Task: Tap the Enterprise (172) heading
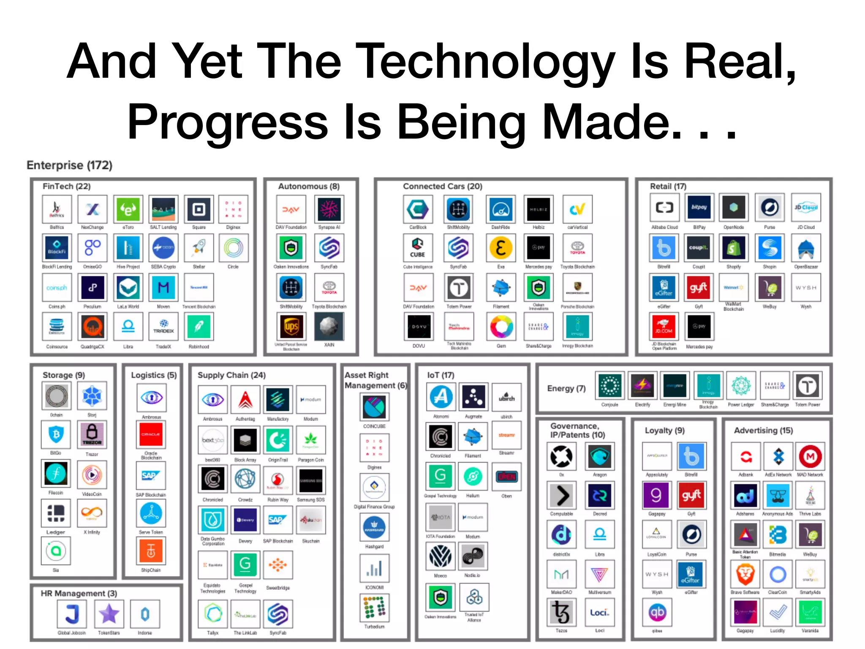coord(69,165)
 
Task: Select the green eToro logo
coord(128,209)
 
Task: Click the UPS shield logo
coord(291,327)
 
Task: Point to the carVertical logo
coord(577,209)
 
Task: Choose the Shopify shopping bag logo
coord(734,248)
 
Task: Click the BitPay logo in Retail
coord(699,207)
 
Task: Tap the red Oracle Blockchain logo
coord(151,435)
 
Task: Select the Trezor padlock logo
coord(92,434)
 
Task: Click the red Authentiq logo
coord(245,399)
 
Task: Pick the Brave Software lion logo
coord(745,574)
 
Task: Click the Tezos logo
coord(561,612)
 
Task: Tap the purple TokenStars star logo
coord(109,614)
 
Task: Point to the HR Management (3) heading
coord(79,593)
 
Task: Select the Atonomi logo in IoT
coord(441,397)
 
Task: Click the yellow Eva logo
coord(501,248)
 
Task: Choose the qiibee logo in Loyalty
coord(657,612)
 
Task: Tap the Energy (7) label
coord(566,388)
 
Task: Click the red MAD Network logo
coord(810,456)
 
